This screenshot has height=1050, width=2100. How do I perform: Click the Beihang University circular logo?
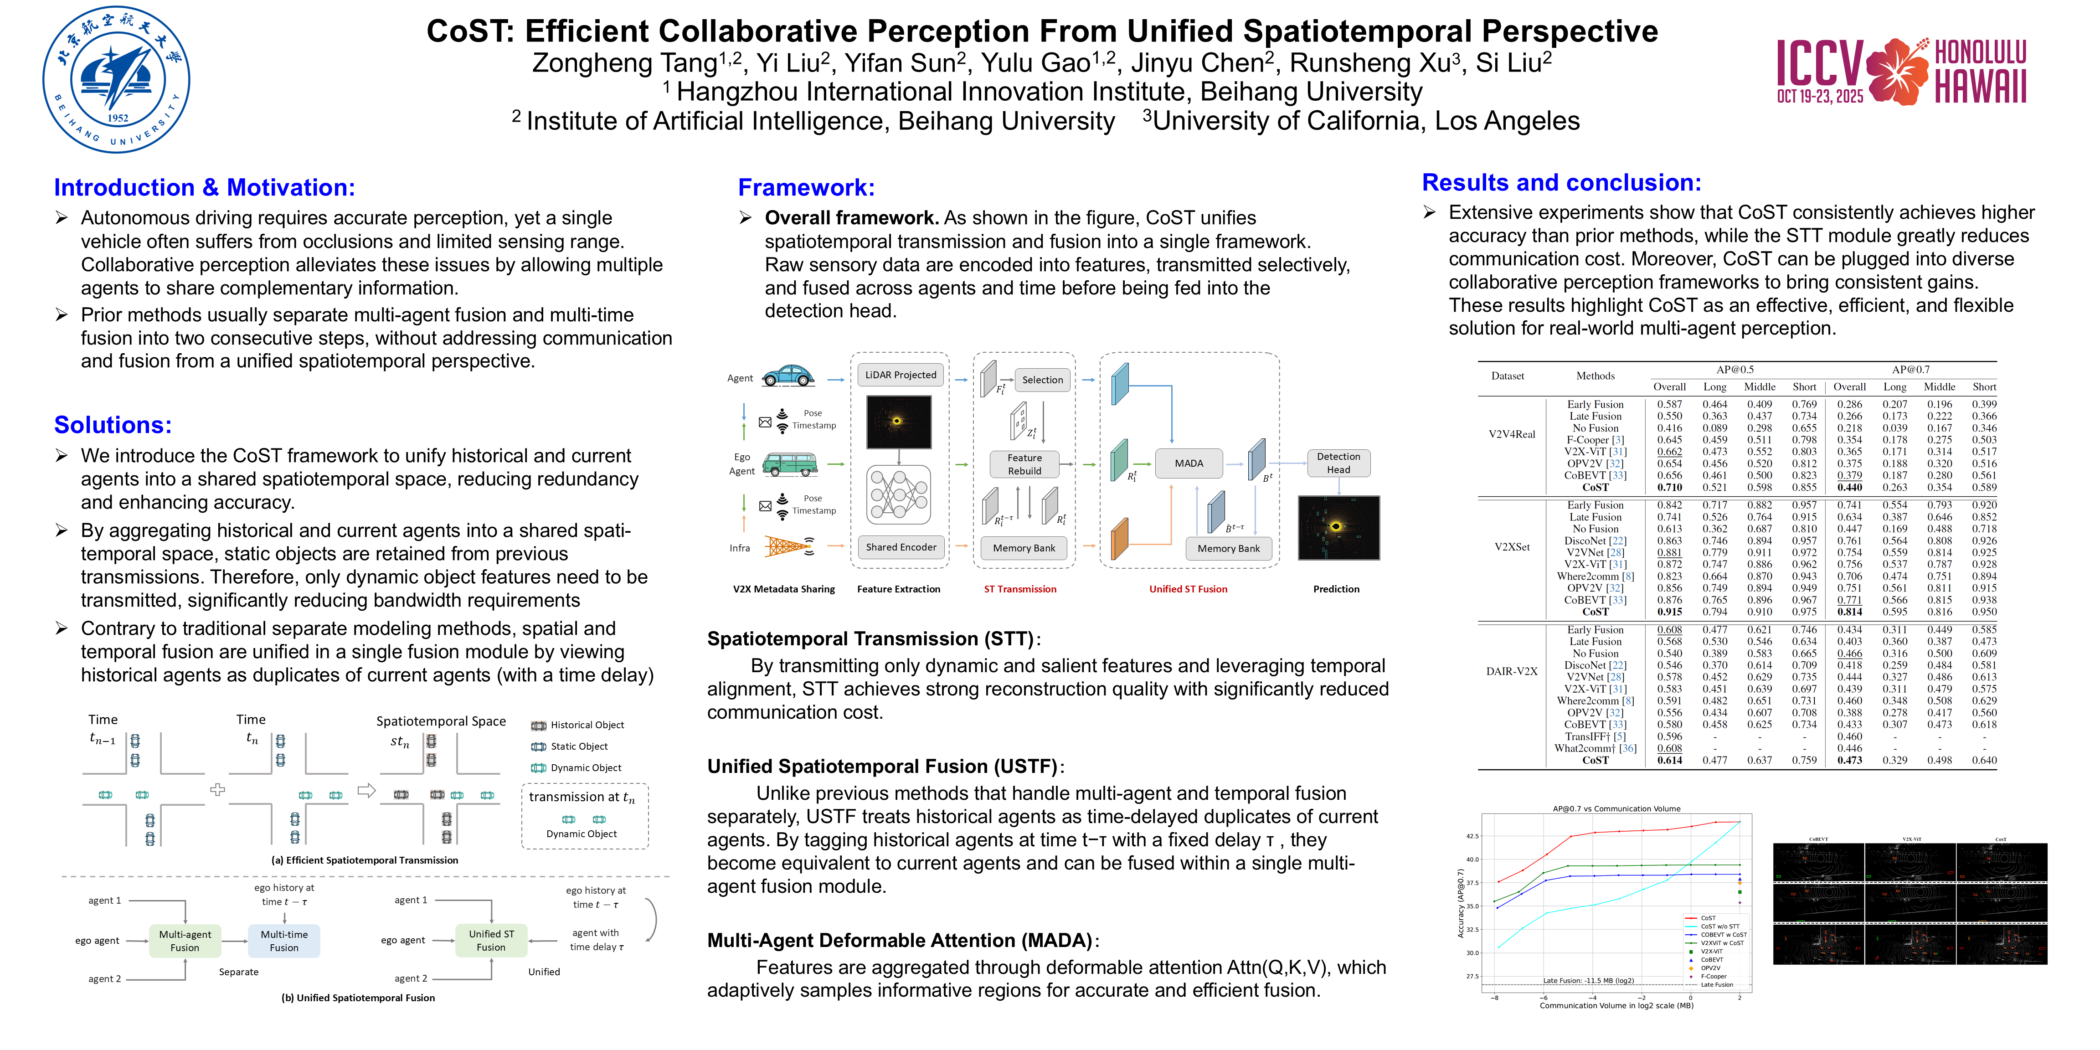pyautogui.click(x=117, y=80)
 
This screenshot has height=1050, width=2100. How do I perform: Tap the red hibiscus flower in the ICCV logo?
pyautogui.click(x=1897, y=72)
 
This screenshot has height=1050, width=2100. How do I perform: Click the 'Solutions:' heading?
pyautogui.click(x=113, y=425)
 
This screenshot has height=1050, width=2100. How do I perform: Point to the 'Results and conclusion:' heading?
pyautogui.click(x=1561, y=183)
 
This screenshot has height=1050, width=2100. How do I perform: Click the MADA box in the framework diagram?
pyautogui.click(x=1189, y=463)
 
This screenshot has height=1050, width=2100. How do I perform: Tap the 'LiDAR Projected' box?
pyautogui.click(x=900, y=375)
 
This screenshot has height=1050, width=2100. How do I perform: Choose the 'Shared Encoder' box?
pyautogui.click(x=900, y=547)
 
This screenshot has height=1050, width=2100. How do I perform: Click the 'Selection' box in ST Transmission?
pyautogui.click(x=1042, y=380)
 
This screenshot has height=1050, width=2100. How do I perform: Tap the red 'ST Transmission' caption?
pyautogui.click(x=1020, y=589)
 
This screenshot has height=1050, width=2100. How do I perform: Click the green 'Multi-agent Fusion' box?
pyautogui.click(x=185, y=941)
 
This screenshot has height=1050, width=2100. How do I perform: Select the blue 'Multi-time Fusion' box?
pyautogui.click(x=284, y=941)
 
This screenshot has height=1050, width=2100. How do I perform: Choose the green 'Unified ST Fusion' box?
pyautogui.click(x=491, y=941)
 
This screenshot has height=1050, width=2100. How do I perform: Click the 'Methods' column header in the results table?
pyautogui.click(x=1595, y=376)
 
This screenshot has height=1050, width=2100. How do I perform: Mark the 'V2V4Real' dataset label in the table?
pyautogui.click(x=1511, y=434)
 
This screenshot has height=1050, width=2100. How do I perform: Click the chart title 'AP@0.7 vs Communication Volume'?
pyautogui.click(x=1616, y=809)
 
